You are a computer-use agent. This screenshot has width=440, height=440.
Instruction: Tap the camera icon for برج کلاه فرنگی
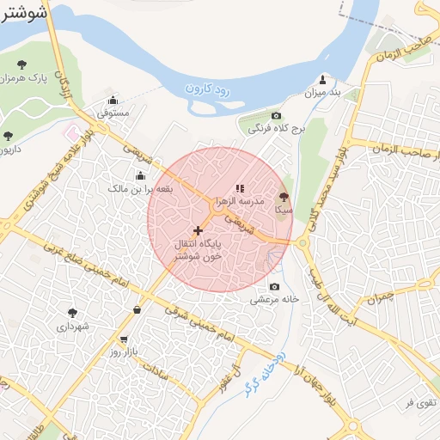tap(276, 116)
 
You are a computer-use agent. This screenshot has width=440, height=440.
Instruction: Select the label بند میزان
tap(326, 92)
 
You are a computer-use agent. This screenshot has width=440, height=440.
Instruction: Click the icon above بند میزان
tap(323, 78)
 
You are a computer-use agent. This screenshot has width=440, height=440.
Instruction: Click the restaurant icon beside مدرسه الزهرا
tap(240, 187)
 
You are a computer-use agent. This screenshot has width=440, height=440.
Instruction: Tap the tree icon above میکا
tap(284, 197)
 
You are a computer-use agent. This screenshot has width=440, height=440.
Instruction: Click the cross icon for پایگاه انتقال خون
tap(199, 230)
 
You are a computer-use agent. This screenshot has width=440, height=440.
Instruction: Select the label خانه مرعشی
tap(275, 300)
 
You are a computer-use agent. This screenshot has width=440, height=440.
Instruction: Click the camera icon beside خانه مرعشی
tap(274, 287)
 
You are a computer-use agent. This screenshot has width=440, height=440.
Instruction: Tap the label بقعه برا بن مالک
tap(141, 187)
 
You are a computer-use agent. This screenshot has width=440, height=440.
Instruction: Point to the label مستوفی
tap(113, 113)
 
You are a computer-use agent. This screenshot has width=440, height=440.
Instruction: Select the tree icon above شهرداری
tap(72, 313)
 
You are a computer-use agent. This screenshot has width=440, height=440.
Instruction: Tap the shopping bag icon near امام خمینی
tap(137, 309)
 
